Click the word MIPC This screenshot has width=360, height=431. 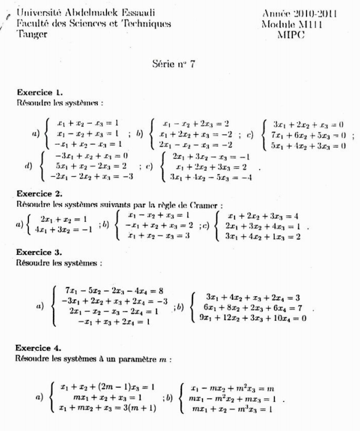tap(292, 35)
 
